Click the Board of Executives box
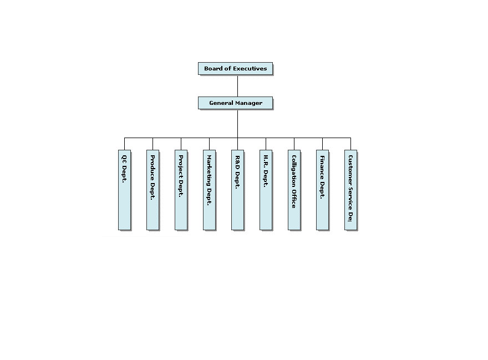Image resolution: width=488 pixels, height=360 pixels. pyautogui.click(x=235, y=69)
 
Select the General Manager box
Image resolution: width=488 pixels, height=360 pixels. pyautogui.click(x=235, y=103)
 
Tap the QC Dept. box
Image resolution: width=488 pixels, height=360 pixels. pyautogui.click(x=124, y=189)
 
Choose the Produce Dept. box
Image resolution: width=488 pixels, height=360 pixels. pyautogui.click(x=152, y=189)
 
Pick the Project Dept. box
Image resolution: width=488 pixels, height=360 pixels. pyautogui.click(x=181, y=189)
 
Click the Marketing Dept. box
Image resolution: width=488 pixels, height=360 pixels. pyautogui.click(x=209, y=189)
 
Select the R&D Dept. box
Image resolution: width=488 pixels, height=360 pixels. pyautogui.click(x=237, y=189)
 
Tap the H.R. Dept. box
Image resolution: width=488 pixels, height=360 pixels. pyautogui.click(x=266, y=189)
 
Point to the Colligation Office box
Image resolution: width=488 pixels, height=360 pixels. pyautogui.click(x=294, y=189)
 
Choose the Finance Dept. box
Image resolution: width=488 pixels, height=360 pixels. pyautogui.click(x=322, y=189)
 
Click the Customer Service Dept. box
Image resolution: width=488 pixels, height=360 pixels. pyautogui.click(x=350, y=189)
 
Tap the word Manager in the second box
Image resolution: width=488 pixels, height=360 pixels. pyautogui.click(x=248, y=103)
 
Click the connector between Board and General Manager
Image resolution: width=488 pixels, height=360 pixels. pyautogui.click(x=237, y=86)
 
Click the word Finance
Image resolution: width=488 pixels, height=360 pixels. pyautogui.click(x=322, y=167)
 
